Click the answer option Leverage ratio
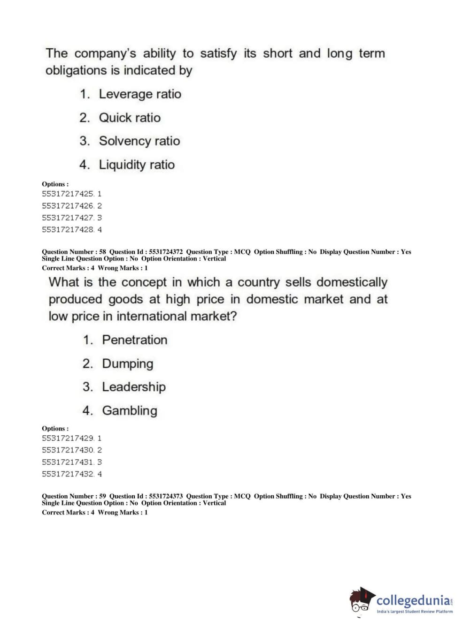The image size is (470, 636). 139,94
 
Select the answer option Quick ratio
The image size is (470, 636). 129,118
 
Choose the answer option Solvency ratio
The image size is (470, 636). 139,141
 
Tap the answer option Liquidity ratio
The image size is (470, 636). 136,165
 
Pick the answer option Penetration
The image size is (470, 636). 134,340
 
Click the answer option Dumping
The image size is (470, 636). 127,363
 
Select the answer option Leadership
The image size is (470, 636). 133,387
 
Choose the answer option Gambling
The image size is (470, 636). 129,411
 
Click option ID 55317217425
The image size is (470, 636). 68,194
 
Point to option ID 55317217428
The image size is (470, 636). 68,230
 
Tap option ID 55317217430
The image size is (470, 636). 68,450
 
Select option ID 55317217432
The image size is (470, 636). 68,474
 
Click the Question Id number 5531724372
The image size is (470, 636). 166,252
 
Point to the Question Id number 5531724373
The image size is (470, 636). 166,496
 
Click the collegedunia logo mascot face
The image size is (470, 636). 361,601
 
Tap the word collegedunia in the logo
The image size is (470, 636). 413,600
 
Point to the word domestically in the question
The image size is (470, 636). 352,282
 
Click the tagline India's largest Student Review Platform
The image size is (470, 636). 415,612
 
